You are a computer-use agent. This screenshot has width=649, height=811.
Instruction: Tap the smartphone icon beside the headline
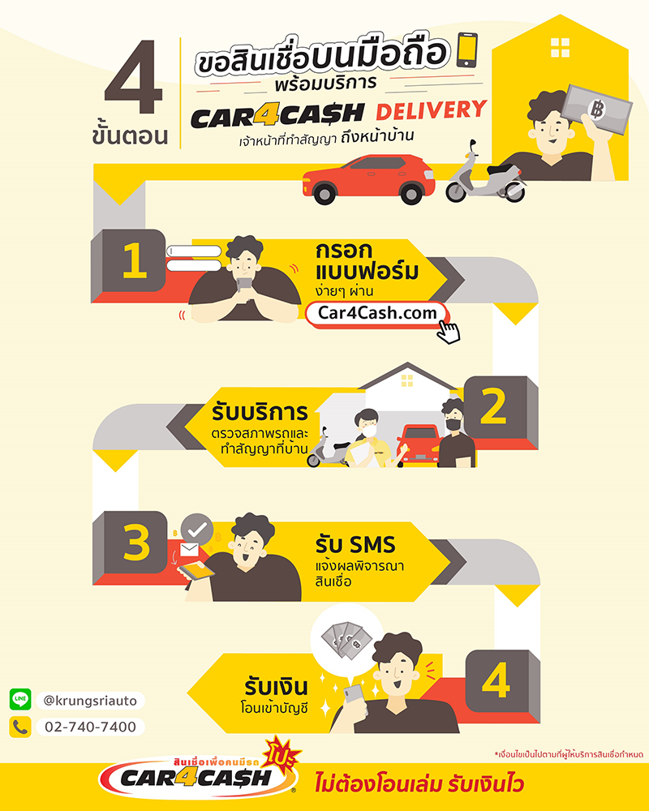click(x=466, y=50)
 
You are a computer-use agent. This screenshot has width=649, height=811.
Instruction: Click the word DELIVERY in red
click(x=431, y=110)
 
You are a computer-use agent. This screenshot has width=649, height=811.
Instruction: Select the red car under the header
click(x=368, y=178)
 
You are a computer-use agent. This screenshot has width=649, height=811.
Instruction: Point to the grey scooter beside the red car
click(x=486, y=174)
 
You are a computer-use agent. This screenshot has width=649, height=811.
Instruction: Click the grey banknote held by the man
click(x=597, y=109)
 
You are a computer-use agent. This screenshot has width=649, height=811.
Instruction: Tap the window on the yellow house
click(x=560, y=48)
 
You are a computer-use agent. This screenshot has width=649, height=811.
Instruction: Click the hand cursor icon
click(x=448, y=332)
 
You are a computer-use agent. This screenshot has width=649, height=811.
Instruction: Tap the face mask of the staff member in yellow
click(x=368, y=431)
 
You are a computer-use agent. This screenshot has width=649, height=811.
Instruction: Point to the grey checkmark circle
click(x=197, y=529)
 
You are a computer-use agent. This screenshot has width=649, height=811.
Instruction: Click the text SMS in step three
click(x=371, y=545)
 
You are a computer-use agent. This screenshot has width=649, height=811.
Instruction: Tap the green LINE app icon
click(x=20, y=699)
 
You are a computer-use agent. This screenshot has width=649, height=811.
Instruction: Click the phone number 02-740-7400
click(x=90, y=727)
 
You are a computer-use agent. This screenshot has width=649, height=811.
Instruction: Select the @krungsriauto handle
click(x=90, y=701)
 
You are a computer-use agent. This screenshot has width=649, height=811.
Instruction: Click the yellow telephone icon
click(x=20, y=727)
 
